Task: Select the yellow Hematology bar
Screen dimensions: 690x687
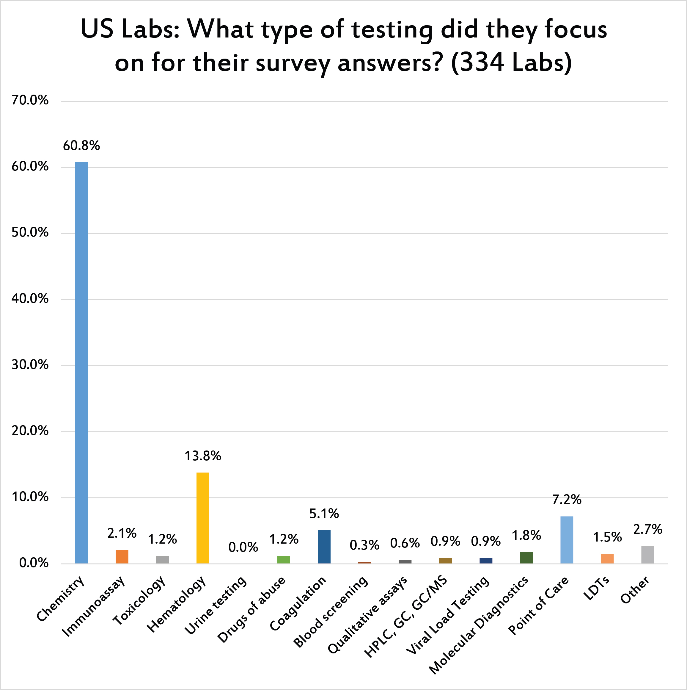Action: coord(203,518)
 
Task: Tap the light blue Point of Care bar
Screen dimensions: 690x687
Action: coord(567,540)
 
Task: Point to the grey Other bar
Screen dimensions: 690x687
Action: coord(648,555)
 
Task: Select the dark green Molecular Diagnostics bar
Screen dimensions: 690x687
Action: coord(526,558)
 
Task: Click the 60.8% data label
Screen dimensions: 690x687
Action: coord(81,146)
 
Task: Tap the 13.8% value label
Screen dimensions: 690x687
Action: coord(203,456)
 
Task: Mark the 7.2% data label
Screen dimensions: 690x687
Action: coord(567,500)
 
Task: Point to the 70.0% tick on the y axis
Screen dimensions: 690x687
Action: coord(30,100)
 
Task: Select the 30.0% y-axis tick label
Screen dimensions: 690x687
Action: coord(30,365)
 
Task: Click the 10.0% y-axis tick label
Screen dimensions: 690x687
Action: coord(30,497)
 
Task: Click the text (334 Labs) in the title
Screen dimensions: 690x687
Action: coord(511,62)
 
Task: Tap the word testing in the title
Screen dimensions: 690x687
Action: coord(392,30)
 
